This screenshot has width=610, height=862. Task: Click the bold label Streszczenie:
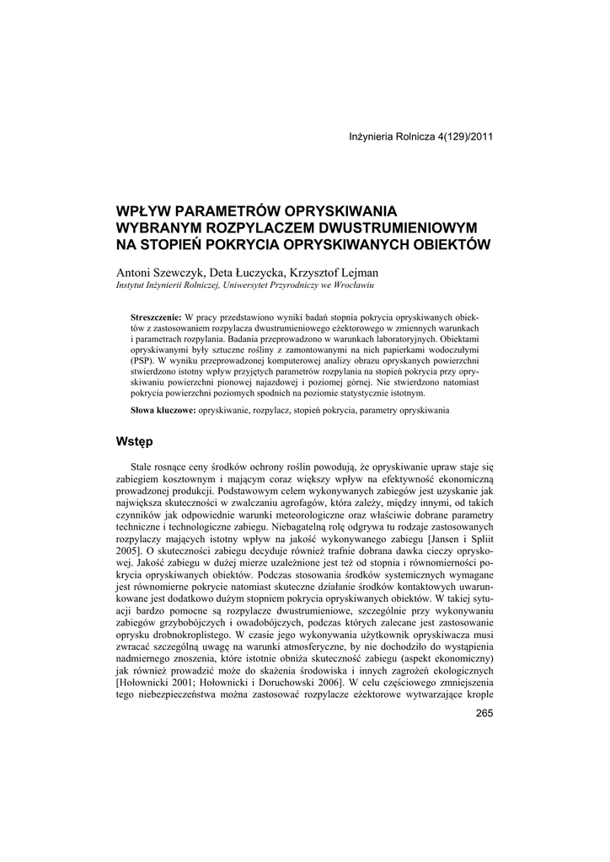click(x=158, y=316)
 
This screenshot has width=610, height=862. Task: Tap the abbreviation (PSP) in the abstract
click(x=141, y=359)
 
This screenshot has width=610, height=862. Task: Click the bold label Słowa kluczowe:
click(x=163, y=410)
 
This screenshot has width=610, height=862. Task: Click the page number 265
click(x=484, y=714)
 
